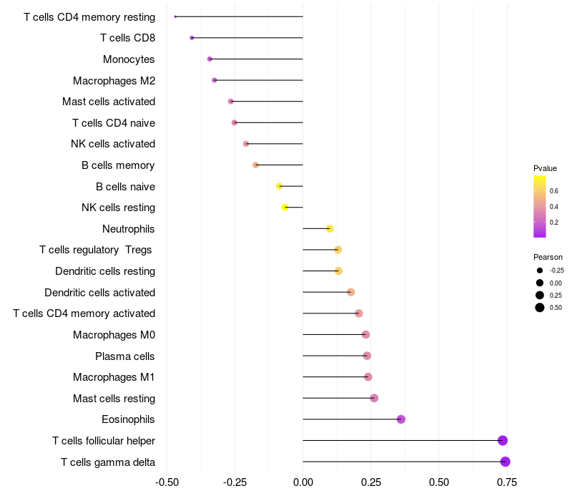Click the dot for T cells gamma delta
[506, 462]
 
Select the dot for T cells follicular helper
[503, 440]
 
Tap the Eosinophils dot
[401, 419]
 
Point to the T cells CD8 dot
[192, 37]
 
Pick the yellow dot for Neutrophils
[330, 228]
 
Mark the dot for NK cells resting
[285, 208]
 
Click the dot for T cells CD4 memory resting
[175, 16]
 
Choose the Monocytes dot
[209, 59]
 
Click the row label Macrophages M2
[114, 81]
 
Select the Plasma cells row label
[125, 356]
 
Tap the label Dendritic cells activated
[99, 292]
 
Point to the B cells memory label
[118, 165]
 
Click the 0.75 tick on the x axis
[508, 482]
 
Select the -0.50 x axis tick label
[167, 482]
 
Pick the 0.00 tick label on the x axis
[303, 482]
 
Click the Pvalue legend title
[545, 168]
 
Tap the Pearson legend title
[548, 257]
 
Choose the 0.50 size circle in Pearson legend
[540, 308]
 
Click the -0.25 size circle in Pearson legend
[540, 271]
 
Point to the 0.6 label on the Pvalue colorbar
[554, 190]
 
